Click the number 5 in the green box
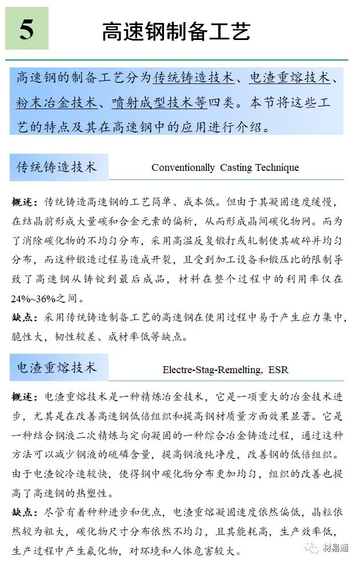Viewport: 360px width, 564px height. (x=27, y=29)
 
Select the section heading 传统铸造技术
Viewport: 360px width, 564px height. (x=56, y=167)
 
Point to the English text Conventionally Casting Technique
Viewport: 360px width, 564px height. (x=225, y=167)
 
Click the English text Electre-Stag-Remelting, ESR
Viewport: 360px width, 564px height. (x=225, y=370)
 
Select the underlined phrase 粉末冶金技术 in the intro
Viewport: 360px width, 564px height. (x=56, y=103)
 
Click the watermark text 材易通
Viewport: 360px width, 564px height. (x=335, y=549)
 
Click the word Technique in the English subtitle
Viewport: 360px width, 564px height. (x=277, y=167)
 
